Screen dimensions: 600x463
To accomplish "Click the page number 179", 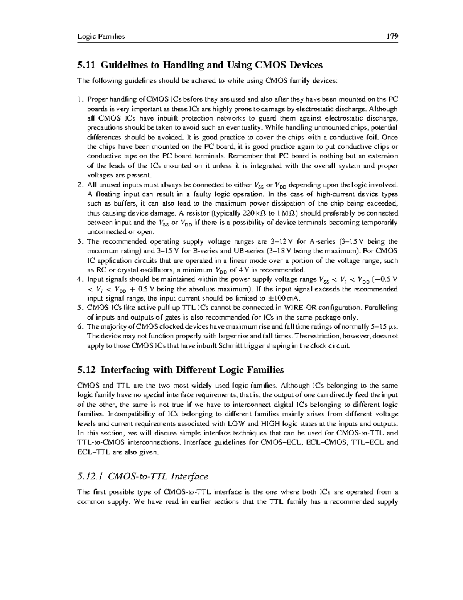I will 392,36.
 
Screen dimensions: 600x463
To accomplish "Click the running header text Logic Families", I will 101,37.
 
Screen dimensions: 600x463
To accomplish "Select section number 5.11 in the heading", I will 86,65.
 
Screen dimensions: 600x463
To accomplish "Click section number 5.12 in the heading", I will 86,370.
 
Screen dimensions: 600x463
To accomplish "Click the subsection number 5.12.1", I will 90,476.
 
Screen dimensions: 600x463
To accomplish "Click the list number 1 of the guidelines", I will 79,100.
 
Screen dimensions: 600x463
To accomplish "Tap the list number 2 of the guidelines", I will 79,185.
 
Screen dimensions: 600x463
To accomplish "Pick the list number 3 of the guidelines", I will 79,242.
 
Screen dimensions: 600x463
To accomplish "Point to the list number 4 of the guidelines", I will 79,279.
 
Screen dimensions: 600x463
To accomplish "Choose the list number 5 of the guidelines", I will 79,308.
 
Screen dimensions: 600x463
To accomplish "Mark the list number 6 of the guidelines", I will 79,327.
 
